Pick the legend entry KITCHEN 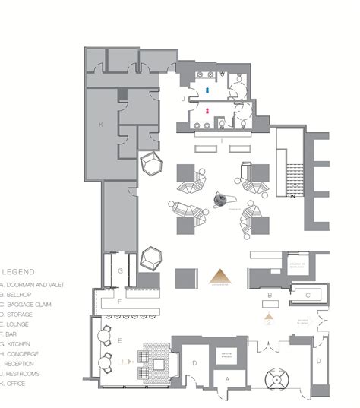(x=16, y=343)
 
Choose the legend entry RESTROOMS (x=21, y=374)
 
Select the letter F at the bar (x=119, y=302)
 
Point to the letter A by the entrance (x=227, y=377)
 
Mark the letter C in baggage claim (x=308, y=294)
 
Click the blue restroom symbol (x=207, y=88)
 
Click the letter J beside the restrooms (x=183, y=100)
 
